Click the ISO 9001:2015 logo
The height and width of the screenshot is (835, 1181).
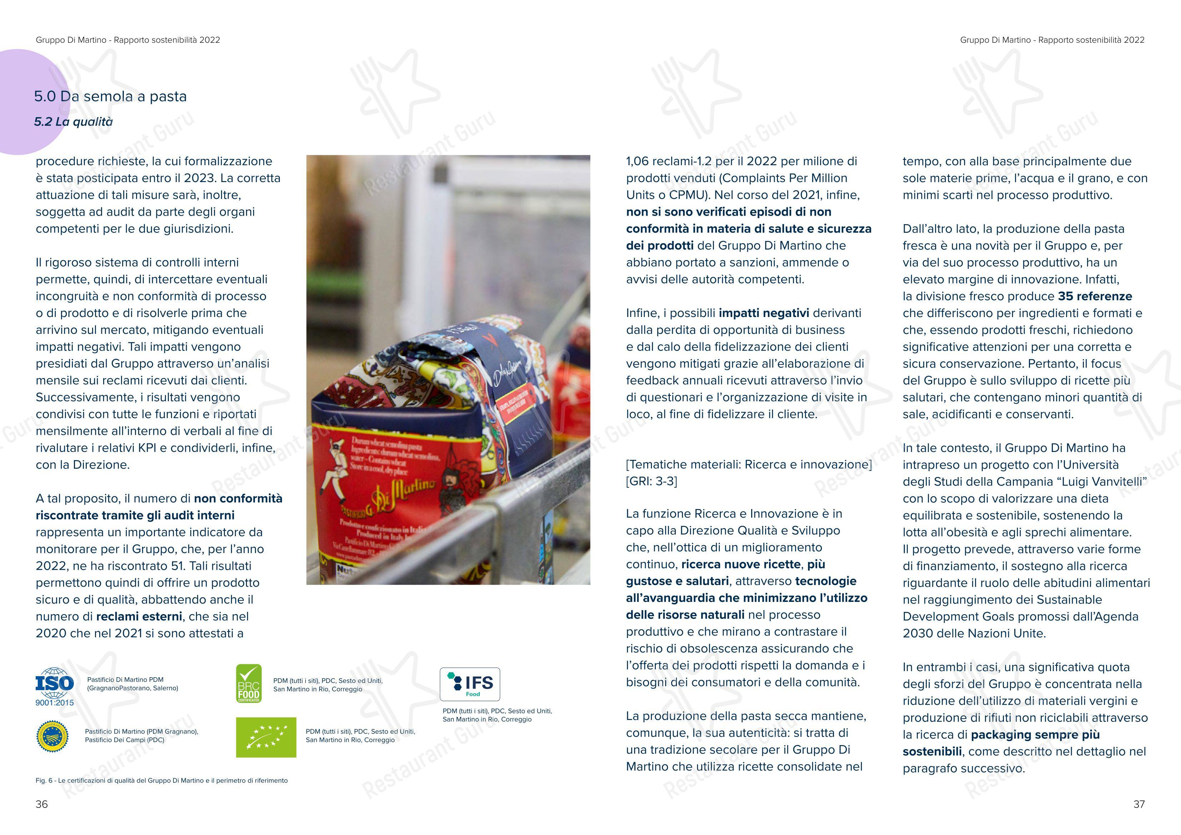click(55, 687)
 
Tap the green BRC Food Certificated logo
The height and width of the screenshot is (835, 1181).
click(248, 684)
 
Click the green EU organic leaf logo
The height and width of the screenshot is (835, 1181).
click(266, 737)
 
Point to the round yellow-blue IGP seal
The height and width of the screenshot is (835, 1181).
click(53, 737)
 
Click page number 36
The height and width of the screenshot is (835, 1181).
click(42, 804)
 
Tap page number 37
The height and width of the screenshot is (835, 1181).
click(1139, 804)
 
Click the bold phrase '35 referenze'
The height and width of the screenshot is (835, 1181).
click(1095, 296)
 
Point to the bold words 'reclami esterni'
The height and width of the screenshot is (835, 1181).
click(139, 617)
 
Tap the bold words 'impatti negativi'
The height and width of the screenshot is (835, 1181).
click(764, 313)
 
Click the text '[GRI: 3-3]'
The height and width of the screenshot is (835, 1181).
click(651, 481)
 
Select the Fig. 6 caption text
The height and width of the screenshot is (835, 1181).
click(161, 780)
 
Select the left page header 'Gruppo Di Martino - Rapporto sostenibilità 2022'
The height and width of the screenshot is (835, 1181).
click(128, 40)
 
